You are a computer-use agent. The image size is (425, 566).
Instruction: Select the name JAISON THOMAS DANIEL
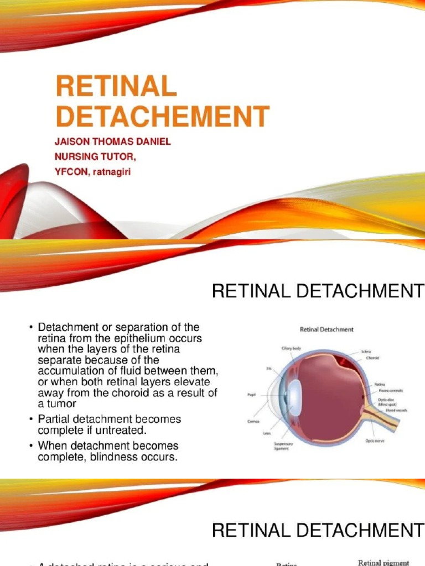click(x=112, y=141)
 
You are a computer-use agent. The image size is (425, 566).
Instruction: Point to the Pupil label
click(x=252, y=395)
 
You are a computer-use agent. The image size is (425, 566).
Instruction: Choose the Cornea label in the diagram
click(x=253, y=421)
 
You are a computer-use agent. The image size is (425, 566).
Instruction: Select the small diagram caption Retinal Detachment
click(x=326, y=329)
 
